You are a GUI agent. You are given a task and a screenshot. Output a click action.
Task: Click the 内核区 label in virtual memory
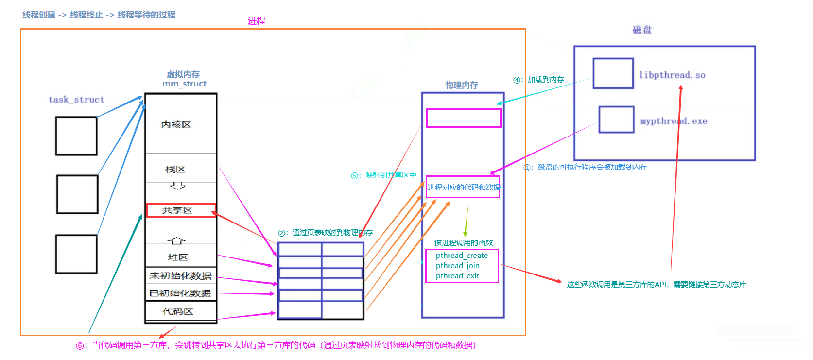[x=176, y=125]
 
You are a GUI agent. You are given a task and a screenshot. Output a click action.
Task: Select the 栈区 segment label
[x=175, y=170]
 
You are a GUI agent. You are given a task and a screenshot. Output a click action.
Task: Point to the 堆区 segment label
[x=178, y=257]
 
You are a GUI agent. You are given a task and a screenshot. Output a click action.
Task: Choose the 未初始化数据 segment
[x=180, y=276]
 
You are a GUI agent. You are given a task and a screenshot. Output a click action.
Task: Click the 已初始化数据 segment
[x=180, y=293]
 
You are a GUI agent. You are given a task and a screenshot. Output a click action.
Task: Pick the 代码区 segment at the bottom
[x=178, y=311]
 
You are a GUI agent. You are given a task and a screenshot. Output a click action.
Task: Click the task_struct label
[x=76, y=100]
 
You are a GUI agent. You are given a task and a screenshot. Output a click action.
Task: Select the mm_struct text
[x=185, y=84]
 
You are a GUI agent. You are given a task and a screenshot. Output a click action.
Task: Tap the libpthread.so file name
[x=672, y=75]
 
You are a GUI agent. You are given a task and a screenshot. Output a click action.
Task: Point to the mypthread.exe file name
[x=674, y=121]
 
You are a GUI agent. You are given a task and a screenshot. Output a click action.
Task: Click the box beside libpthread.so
[x=613, y=73]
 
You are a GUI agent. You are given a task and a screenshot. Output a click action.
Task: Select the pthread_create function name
[x=462, y=256]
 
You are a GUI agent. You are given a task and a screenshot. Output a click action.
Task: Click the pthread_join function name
[x=457, y=266]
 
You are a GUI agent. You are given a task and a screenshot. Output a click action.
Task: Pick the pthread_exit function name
[x=457, y=276]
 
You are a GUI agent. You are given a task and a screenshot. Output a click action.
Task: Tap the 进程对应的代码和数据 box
[x=463, y=187]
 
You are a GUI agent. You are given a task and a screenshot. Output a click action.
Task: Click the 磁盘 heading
[x=642, y=30]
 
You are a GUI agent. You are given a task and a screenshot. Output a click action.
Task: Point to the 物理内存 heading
[x=462, y=85]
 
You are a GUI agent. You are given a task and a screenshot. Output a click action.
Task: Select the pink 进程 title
[x=256, y=21]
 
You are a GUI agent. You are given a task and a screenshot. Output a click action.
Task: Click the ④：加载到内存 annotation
[x=539, y=80]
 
